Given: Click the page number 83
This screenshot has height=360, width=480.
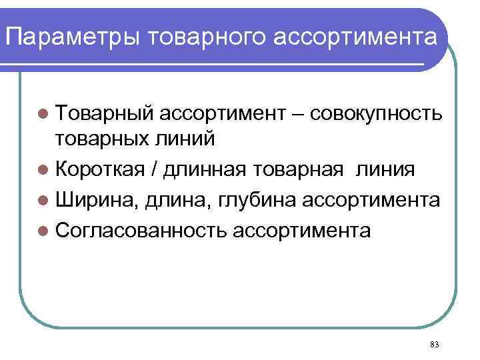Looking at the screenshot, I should coord(435,345).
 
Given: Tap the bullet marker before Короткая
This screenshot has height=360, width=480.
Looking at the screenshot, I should coord(43,169).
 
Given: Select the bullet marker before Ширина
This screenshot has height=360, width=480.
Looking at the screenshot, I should coord(43,200).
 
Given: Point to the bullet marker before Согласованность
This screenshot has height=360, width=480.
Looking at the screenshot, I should coord(43,231).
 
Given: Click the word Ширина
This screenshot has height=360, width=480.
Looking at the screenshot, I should coord(95,200).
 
